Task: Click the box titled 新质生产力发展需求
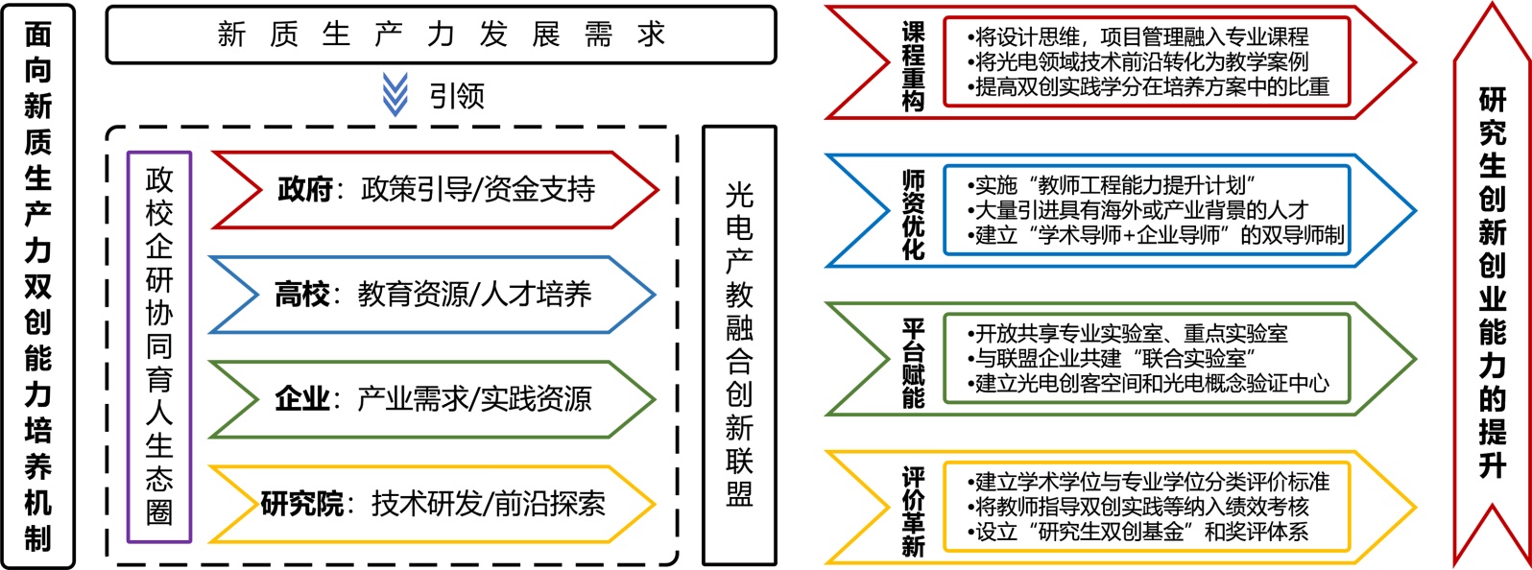pyautogui.click(x=441, y=35)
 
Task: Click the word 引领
pyautogui.click(x=457, y=96)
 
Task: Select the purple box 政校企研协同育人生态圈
pyautogui.click(x=159, y=346)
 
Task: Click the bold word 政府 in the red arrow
pyautogui.click(x=305, y=189)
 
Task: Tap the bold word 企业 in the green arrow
pyautogui.click(x=302, y=398)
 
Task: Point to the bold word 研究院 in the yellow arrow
pyautogui.click(x=301, y=504)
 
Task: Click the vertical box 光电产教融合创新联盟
pyautogui.click(x=739, y=345)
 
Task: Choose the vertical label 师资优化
pyautogui.click(x=913, y=214)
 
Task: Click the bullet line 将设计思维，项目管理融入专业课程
pyautogui.click(x=1138, y=37)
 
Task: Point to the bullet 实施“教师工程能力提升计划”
pyautogui.click(x=1113, y=185)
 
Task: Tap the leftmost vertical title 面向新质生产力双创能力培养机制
pyautogui.click(x=37, y=286)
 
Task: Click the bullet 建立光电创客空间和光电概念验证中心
pyautogui.click(x=1149, y=384)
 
